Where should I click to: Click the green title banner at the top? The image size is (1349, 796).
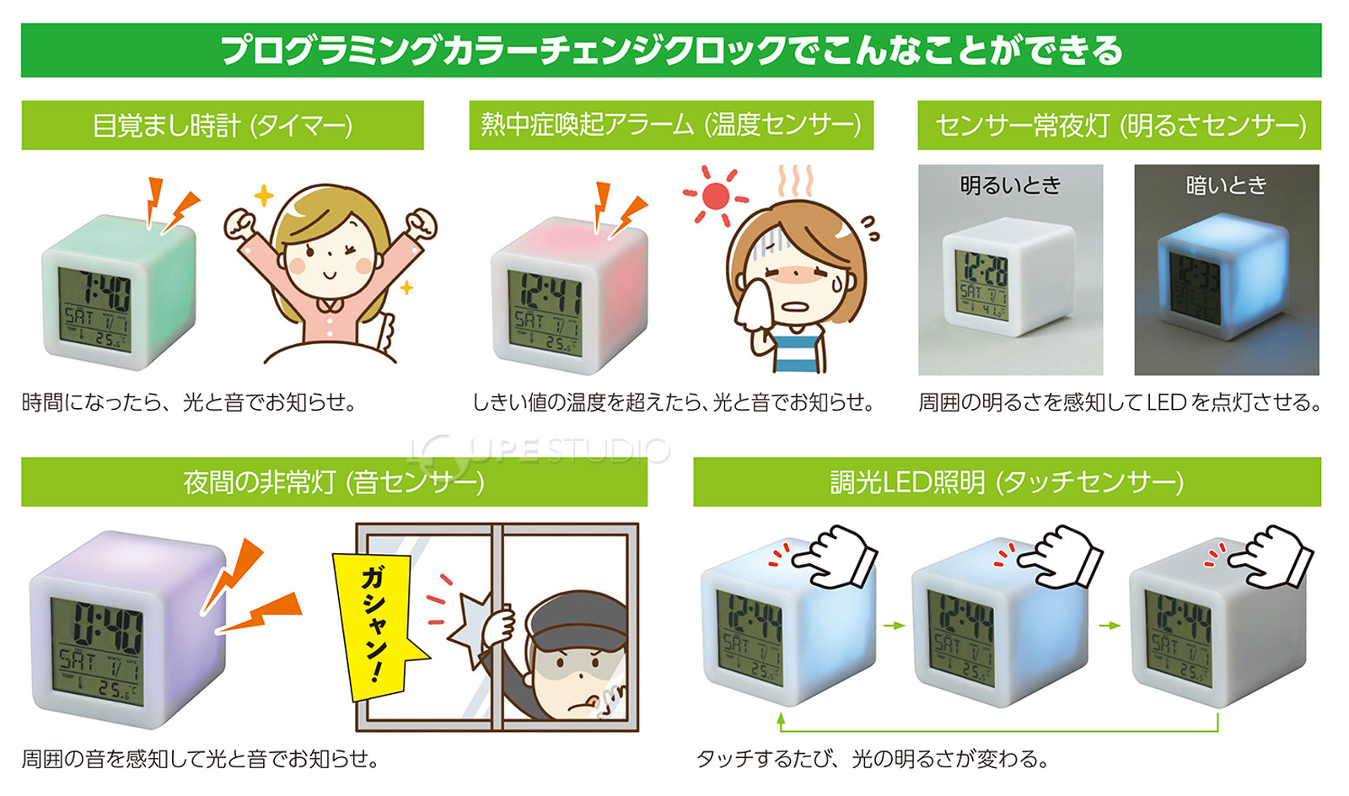tap(671, 51)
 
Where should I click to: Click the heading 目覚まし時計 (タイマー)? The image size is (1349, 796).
tap(223, 126)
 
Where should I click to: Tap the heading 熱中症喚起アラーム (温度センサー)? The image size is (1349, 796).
tap(671, 125)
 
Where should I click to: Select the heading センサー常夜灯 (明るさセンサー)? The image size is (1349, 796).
tap(1120, 126)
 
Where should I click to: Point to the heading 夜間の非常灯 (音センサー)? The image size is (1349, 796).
tap(334, 482)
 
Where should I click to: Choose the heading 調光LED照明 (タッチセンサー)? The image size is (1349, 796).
tap(1007, 482)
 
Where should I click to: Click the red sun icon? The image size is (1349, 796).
tap(715, 196)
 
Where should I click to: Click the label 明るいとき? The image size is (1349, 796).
tap(1010, 186)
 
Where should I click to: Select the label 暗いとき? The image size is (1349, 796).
tap(1226, 186)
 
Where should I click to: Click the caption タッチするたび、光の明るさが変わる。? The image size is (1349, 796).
tap(872, 759)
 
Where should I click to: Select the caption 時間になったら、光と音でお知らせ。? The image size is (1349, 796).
tap(189, 402)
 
